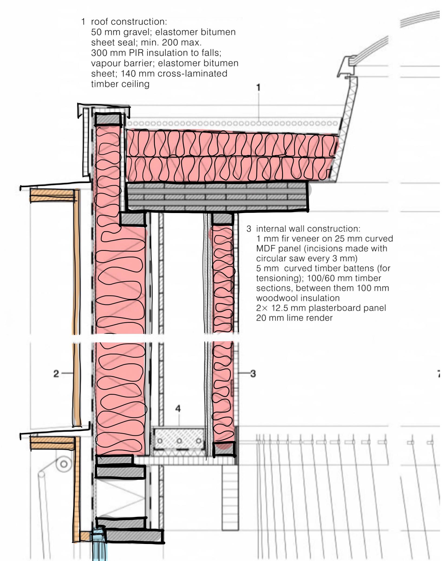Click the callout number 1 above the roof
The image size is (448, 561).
tap(258, 87)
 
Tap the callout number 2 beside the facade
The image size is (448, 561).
tap(56, 374)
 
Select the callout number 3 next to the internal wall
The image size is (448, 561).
tap(253, 374)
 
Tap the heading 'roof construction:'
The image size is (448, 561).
tap(129, 22)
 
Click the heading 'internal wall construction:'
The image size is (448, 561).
tap(308, 229)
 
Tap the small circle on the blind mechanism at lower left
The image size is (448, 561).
tap(64, 464)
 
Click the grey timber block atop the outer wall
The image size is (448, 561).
tap(108, 119)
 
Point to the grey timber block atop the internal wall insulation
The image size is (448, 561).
tap(222, 219)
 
